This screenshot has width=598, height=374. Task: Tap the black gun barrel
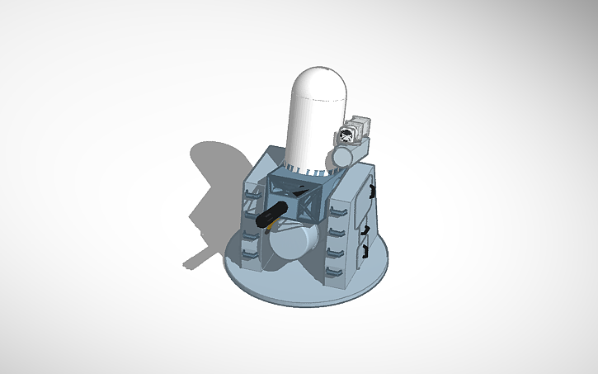[272, 215]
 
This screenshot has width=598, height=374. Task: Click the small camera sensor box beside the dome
[355, 130]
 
